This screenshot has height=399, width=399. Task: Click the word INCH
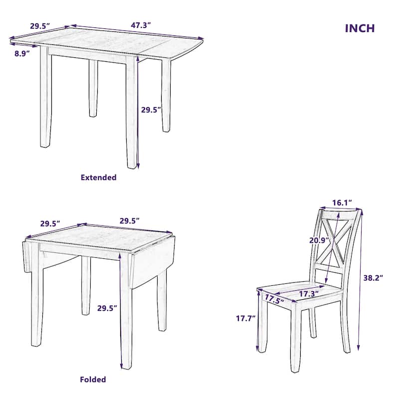360,28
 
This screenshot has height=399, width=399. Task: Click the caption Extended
99,177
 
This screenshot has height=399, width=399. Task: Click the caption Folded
93,380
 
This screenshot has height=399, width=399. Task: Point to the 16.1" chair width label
342,202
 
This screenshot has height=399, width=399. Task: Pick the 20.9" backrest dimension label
318,240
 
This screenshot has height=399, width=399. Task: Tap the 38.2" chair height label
374,278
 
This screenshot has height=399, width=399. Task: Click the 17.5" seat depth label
274,299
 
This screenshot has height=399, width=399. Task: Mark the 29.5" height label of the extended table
151,110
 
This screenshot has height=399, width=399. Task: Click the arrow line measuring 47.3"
137,32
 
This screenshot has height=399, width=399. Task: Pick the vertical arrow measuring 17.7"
258,322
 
